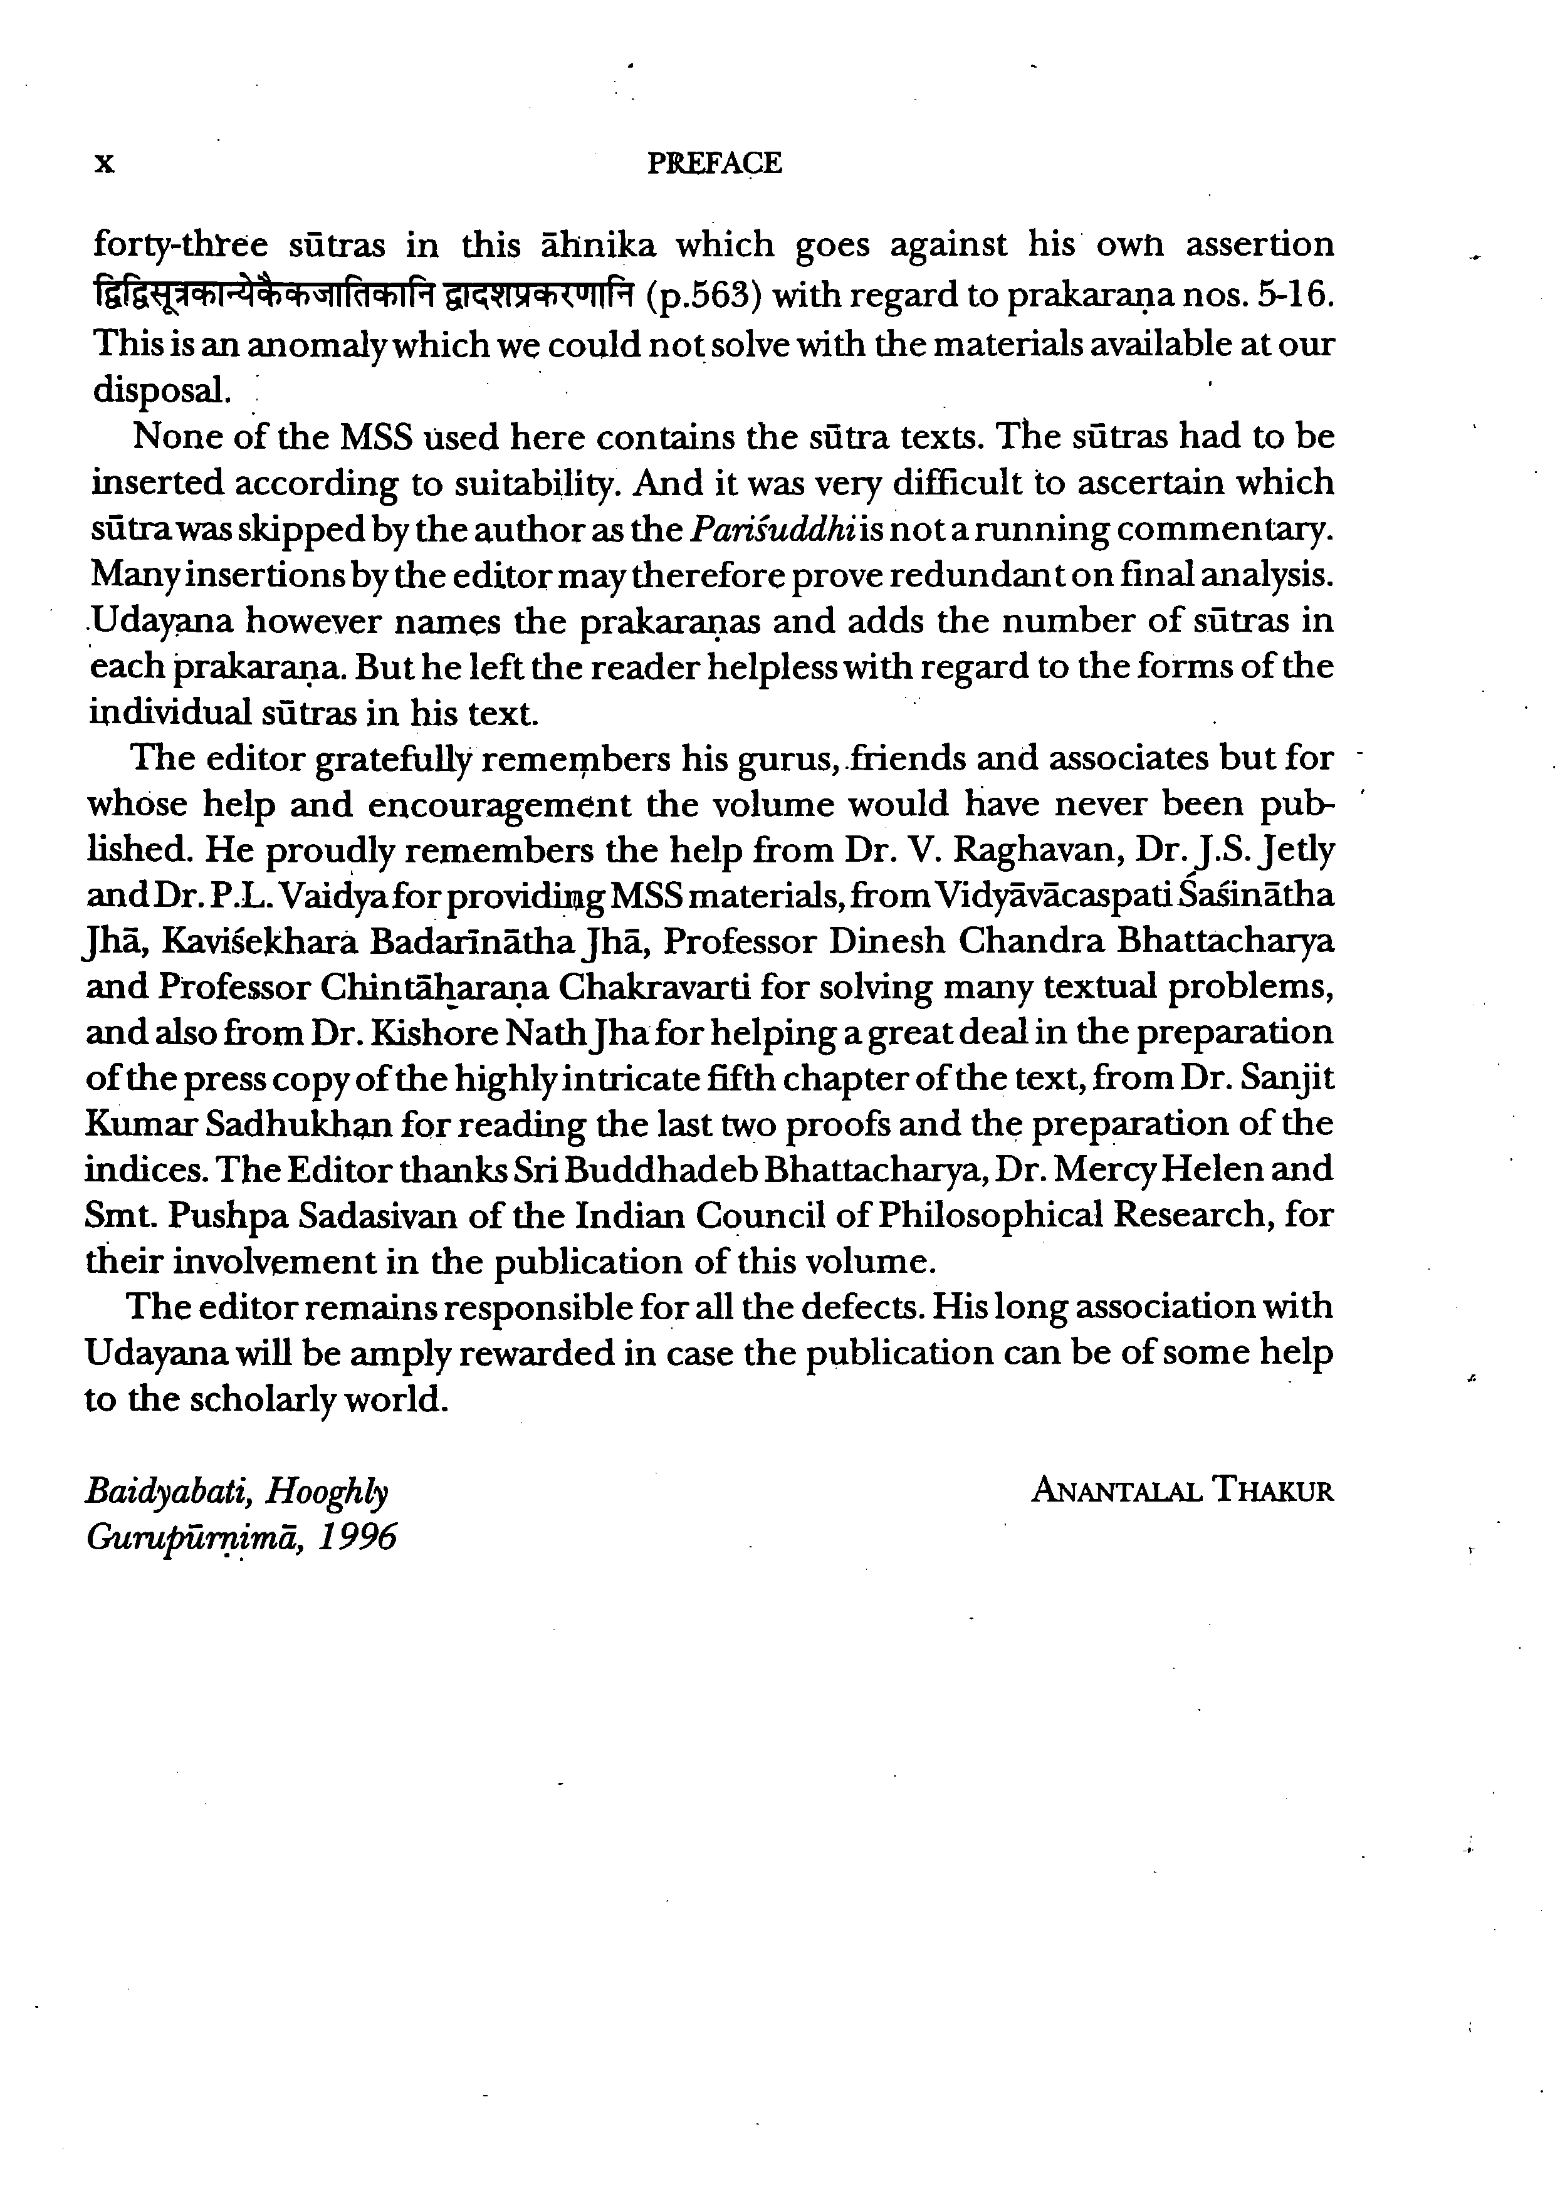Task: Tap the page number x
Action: [105, 164]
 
